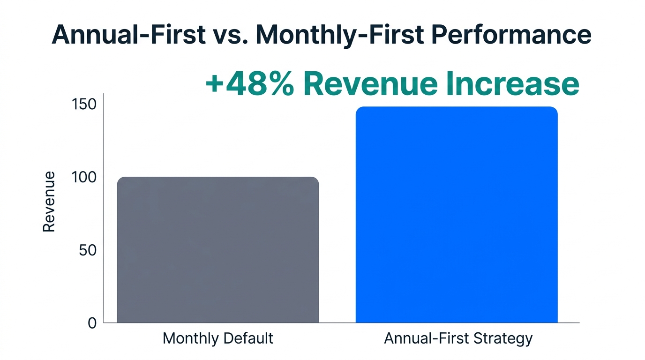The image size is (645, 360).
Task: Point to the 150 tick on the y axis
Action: [85, 104]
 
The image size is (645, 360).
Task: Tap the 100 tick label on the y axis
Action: [85, 177]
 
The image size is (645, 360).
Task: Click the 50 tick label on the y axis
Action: [88, 250]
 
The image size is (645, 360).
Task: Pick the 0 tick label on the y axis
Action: [92, 323]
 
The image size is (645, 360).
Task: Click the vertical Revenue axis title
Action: [49, 202]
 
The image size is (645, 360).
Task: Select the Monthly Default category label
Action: [218, 338]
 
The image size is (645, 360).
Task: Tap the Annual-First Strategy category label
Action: [458, 338]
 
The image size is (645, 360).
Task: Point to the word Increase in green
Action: [514, 84]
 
